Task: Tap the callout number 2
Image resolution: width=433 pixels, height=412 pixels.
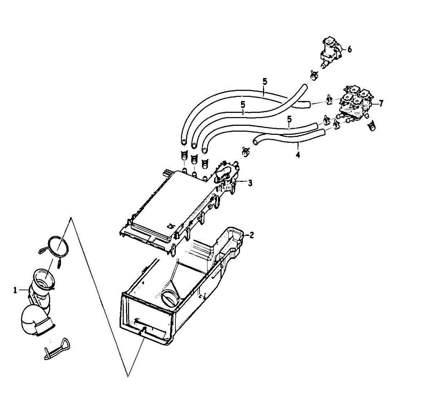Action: click(252, 235)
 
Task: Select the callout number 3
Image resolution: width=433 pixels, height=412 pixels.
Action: click(250, 183)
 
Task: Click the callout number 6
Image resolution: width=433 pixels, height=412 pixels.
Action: click(349, 49)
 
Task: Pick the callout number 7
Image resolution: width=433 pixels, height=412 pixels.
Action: click(381, 103)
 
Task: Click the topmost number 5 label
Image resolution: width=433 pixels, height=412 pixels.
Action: click(265, 81)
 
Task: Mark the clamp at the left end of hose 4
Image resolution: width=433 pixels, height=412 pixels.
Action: click(246, 151)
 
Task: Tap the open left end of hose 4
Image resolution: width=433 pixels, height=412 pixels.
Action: click(257, 141)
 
